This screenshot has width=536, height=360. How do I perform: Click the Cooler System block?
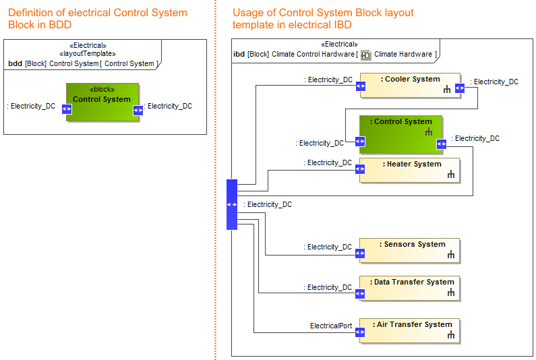coord(410,86)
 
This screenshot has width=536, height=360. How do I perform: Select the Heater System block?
coord(410,171)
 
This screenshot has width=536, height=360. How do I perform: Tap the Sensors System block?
coord(410,250)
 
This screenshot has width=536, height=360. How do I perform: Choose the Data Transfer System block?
coord(410,288)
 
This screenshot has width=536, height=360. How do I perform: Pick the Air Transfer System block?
coord(410,330)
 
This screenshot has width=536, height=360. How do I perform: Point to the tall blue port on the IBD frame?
coord(232,204)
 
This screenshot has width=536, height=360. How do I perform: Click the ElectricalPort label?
coord(331,326)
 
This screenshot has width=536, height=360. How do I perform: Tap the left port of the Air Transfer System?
coord(360,330)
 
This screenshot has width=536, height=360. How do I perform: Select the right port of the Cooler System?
coord(460,87)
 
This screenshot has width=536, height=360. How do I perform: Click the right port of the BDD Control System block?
coord(138,110)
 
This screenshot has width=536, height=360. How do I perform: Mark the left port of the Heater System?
coord(360,171)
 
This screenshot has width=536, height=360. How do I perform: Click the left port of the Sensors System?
coord(360,253)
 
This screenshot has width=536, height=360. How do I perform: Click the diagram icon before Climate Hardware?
coord(366,55)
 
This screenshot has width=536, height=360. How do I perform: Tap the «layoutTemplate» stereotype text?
coord(88,54)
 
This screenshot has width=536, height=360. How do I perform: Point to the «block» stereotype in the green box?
coord(102,90)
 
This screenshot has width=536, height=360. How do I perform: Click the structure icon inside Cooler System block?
coord(447,90)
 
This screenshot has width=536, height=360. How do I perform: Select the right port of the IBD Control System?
coord(441,144)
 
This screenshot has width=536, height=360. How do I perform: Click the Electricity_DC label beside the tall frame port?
coord(268,204)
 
